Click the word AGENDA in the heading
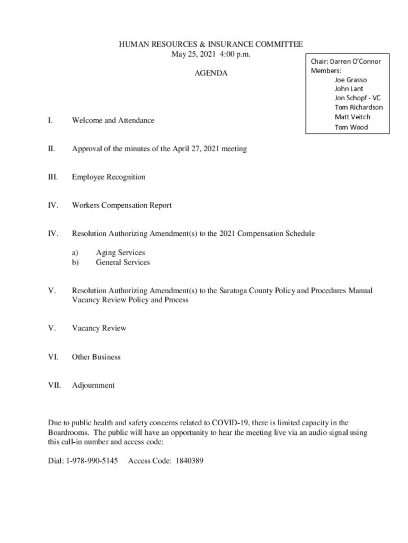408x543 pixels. (210, 73)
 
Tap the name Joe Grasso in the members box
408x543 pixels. (350, 80)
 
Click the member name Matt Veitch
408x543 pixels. (352, 117)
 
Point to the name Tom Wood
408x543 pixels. (351, 127)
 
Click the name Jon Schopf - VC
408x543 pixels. (357, 98)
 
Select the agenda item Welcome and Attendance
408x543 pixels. (113, 120)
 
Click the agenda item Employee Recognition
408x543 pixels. (108, 177)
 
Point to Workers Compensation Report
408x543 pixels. (121, 205)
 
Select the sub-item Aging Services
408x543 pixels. (120, 253)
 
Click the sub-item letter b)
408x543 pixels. (75, 262)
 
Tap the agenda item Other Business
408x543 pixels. (96, 357)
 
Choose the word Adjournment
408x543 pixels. (93, 386)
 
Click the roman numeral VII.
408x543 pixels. (54, 386)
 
